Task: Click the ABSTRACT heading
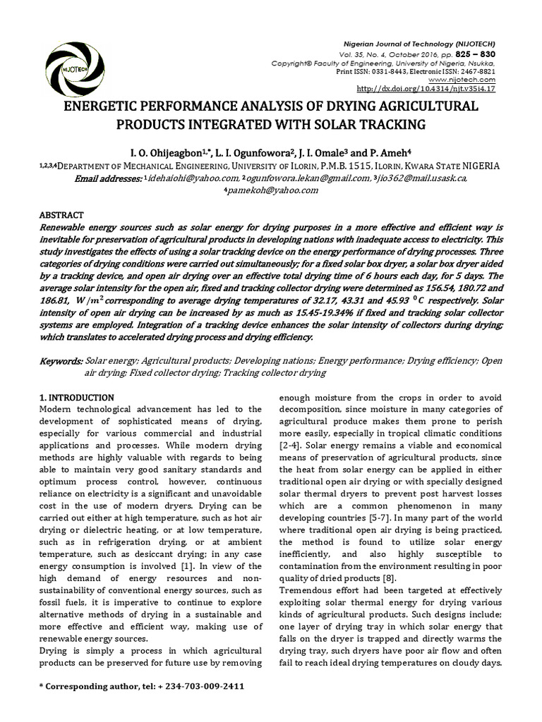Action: click(61, 215)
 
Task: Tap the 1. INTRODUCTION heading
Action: click(77, 398)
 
